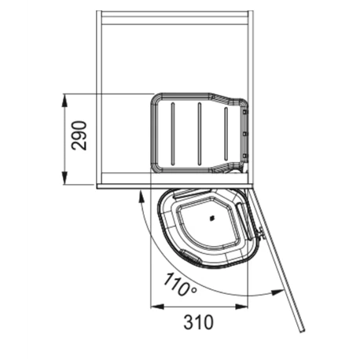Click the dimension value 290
click(79, 135)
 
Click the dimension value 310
click(198, 322)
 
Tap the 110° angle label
click(180, 284)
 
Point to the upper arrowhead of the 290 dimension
click(64, 100)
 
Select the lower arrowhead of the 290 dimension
click(64, 178)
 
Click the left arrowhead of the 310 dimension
click(157, 307)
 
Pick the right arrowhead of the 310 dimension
click(241, 307)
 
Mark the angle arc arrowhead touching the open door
click(277, 292)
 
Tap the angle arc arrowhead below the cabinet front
click(141, 197)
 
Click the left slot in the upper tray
click(173, 134)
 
